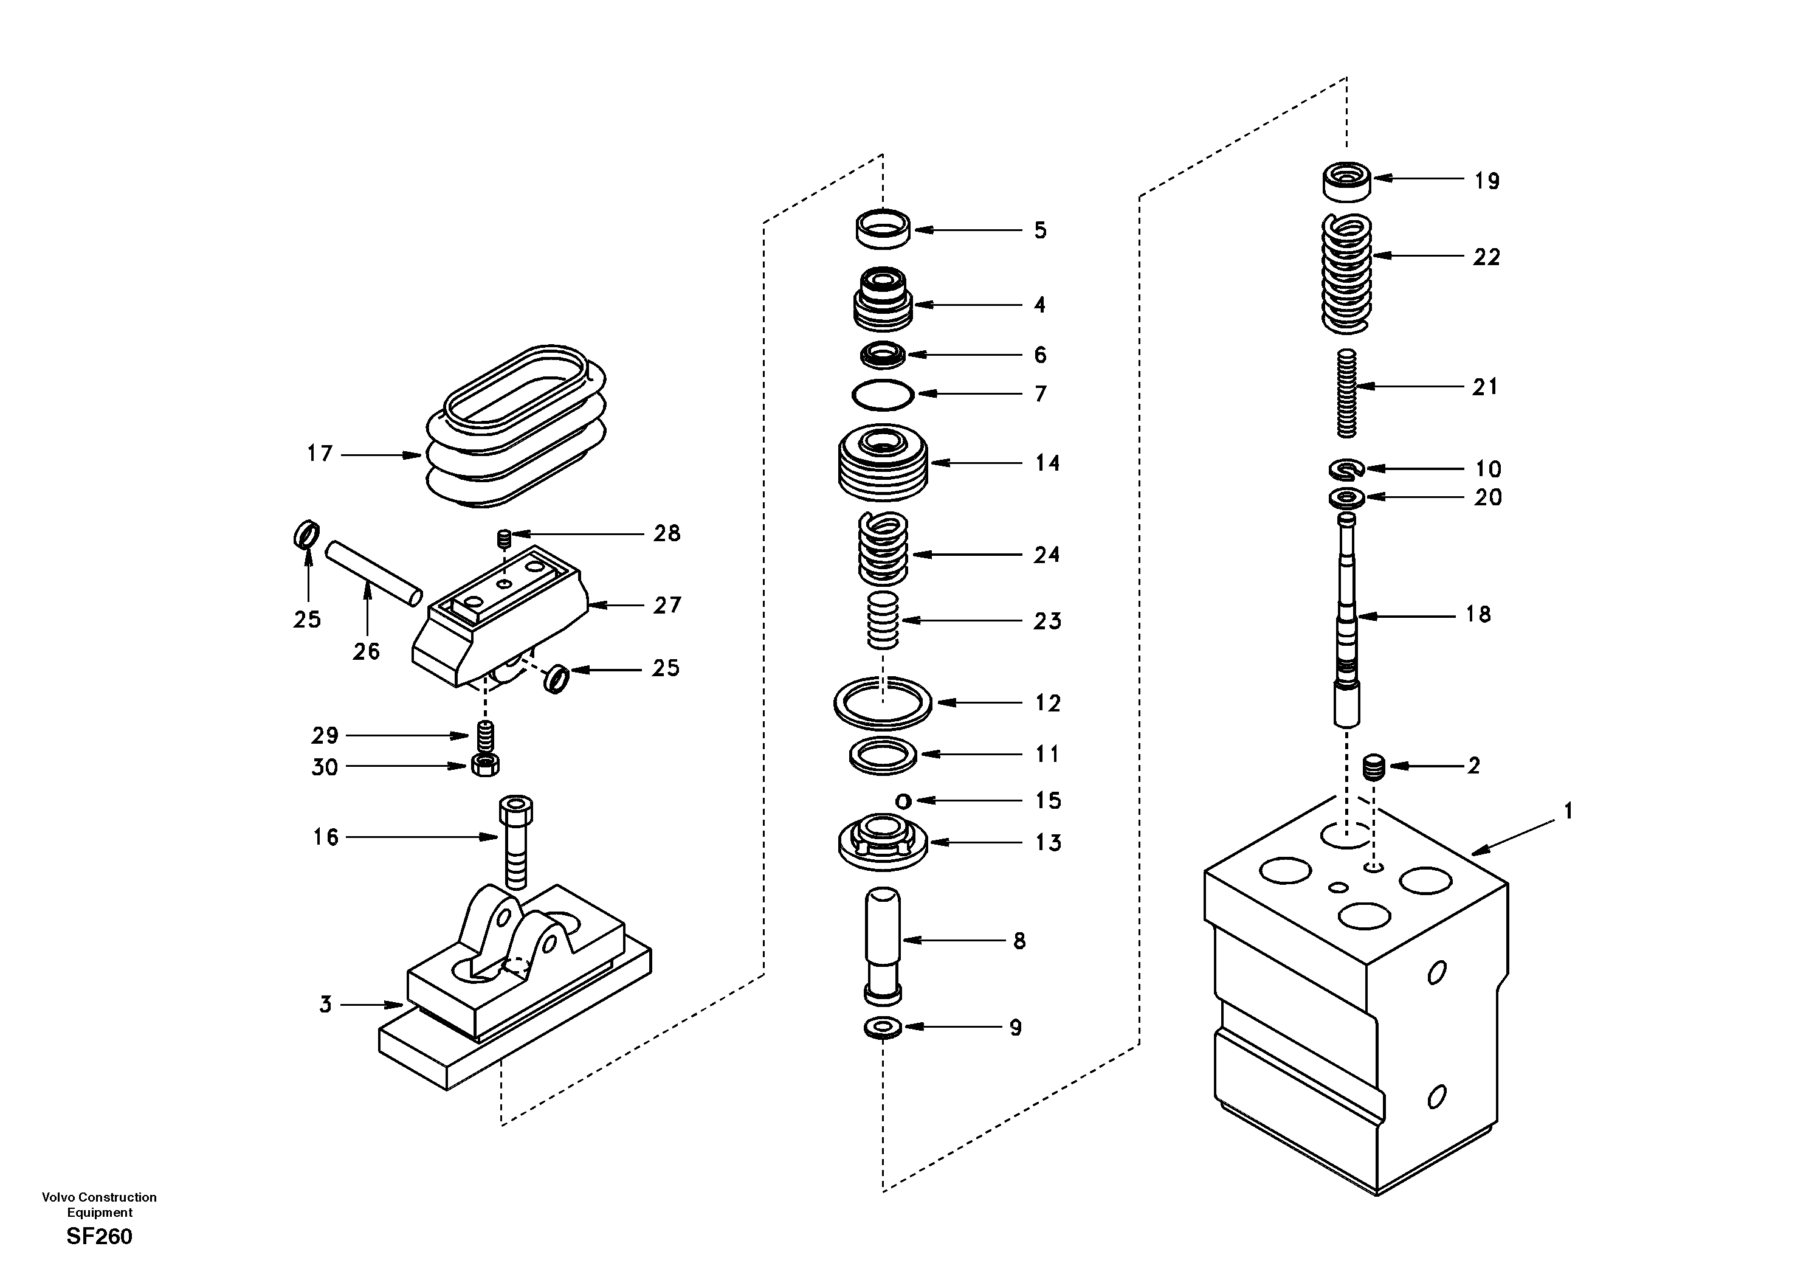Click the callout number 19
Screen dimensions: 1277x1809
click(x=1487, y=181)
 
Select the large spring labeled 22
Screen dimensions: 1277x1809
click(x=1346, y=272)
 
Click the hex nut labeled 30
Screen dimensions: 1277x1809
click(x=484, y=764)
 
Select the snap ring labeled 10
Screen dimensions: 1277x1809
click(x=1346, y=470)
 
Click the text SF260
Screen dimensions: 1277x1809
click(x=99, y=1236)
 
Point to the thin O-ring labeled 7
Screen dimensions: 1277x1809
click(x=883, y=394)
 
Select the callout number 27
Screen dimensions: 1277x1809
click(x=667, y=606)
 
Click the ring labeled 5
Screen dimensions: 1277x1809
click(x=883, y=229)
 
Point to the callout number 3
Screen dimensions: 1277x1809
click(x=325, y=1004)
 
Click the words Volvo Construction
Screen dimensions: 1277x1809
click(x=99, y=1197)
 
